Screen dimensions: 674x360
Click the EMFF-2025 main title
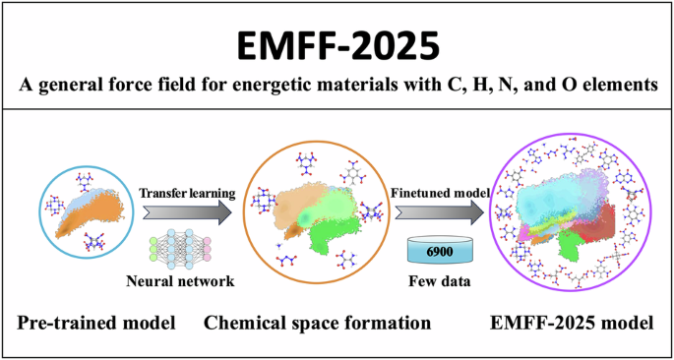tap(337, 43)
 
